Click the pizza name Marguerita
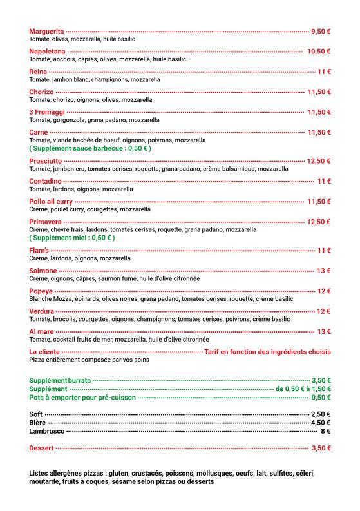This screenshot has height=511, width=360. pyautogui.click(x=46, y=31)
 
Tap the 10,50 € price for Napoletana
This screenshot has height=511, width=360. pyautogui.click(x=319, y=52)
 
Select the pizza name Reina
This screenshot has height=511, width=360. pyautogui.click(x=38, y=72)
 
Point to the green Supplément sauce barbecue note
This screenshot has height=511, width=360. pyautogui.click(x=90, y=148)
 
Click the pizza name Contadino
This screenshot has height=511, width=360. pyautogui.click(x=45, y=182)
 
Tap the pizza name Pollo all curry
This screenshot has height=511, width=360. pyautogui.click(x=51, y=202)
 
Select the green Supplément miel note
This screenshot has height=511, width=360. pyautogui.click(x=72, y=237)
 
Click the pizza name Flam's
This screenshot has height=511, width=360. pyautogui.click(x=39, y=251)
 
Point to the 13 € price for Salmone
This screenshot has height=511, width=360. pyautogui.click(x=324, y=271)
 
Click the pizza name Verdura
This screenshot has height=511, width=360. pyautogui.click(x=42, y=311)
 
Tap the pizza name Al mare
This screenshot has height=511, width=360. pyautogui.click(x=42, y=332)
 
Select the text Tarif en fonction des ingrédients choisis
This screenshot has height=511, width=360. pyautogui.click(x=267, y=352)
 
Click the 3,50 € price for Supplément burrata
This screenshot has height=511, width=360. pyautogui.click(x=321, y=380)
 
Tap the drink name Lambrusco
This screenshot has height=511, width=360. pyautogui.click(x=47, y=431)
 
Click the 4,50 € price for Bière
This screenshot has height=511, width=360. pyautogui.click(x=321, y=423)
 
